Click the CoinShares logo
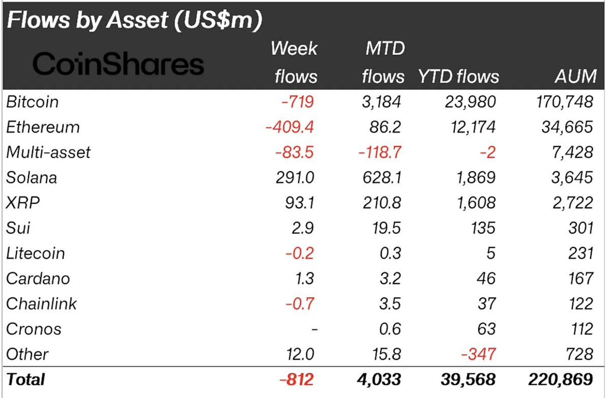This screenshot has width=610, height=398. [x=118, y=65]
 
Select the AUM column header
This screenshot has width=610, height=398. [x=575, y=76]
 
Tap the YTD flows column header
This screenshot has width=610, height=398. [x=458, y=76]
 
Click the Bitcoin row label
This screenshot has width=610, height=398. [x=33, y=102]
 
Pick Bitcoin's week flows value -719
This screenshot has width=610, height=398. [x=298, y=102]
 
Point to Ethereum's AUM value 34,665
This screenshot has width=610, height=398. [x=567, y=127]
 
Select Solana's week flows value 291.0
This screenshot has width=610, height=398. [x=295, y=177]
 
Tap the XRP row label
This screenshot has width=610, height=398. [x=23, y=203]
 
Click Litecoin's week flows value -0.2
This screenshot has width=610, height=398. [x=300, y=253]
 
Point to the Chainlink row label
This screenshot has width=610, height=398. [x=42, y=303]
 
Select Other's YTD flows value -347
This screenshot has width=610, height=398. [x=477, y=354]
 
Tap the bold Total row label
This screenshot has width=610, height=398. [x=25, y=380]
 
